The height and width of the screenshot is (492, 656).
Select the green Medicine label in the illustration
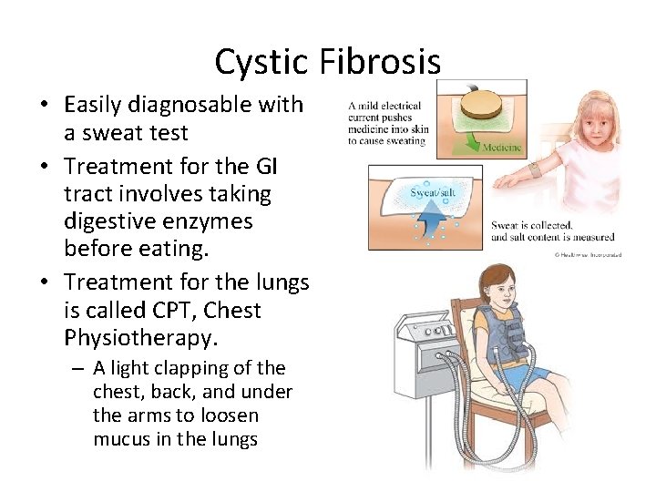point(502,148)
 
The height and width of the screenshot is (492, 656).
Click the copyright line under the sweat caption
point(589,254)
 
